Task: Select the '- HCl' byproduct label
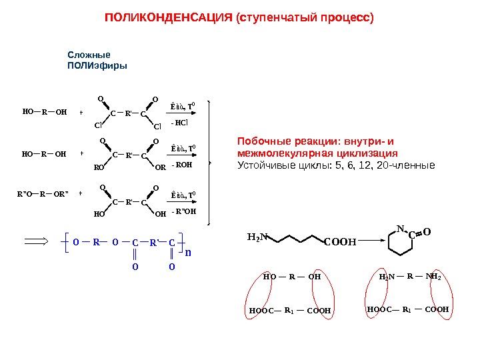[x=180, y=123]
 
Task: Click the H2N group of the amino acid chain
[x=257, y=236]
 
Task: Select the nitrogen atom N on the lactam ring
[x=400, y=228]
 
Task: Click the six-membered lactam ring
[x=399, y=243]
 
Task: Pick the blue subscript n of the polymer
[x=187, y=253]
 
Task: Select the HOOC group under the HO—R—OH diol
[x=261, y=311]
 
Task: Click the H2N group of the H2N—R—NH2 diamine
[x=387, y=276]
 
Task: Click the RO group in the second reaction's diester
[x=97, y=168]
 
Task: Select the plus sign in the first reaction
[x=81, y=113]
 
